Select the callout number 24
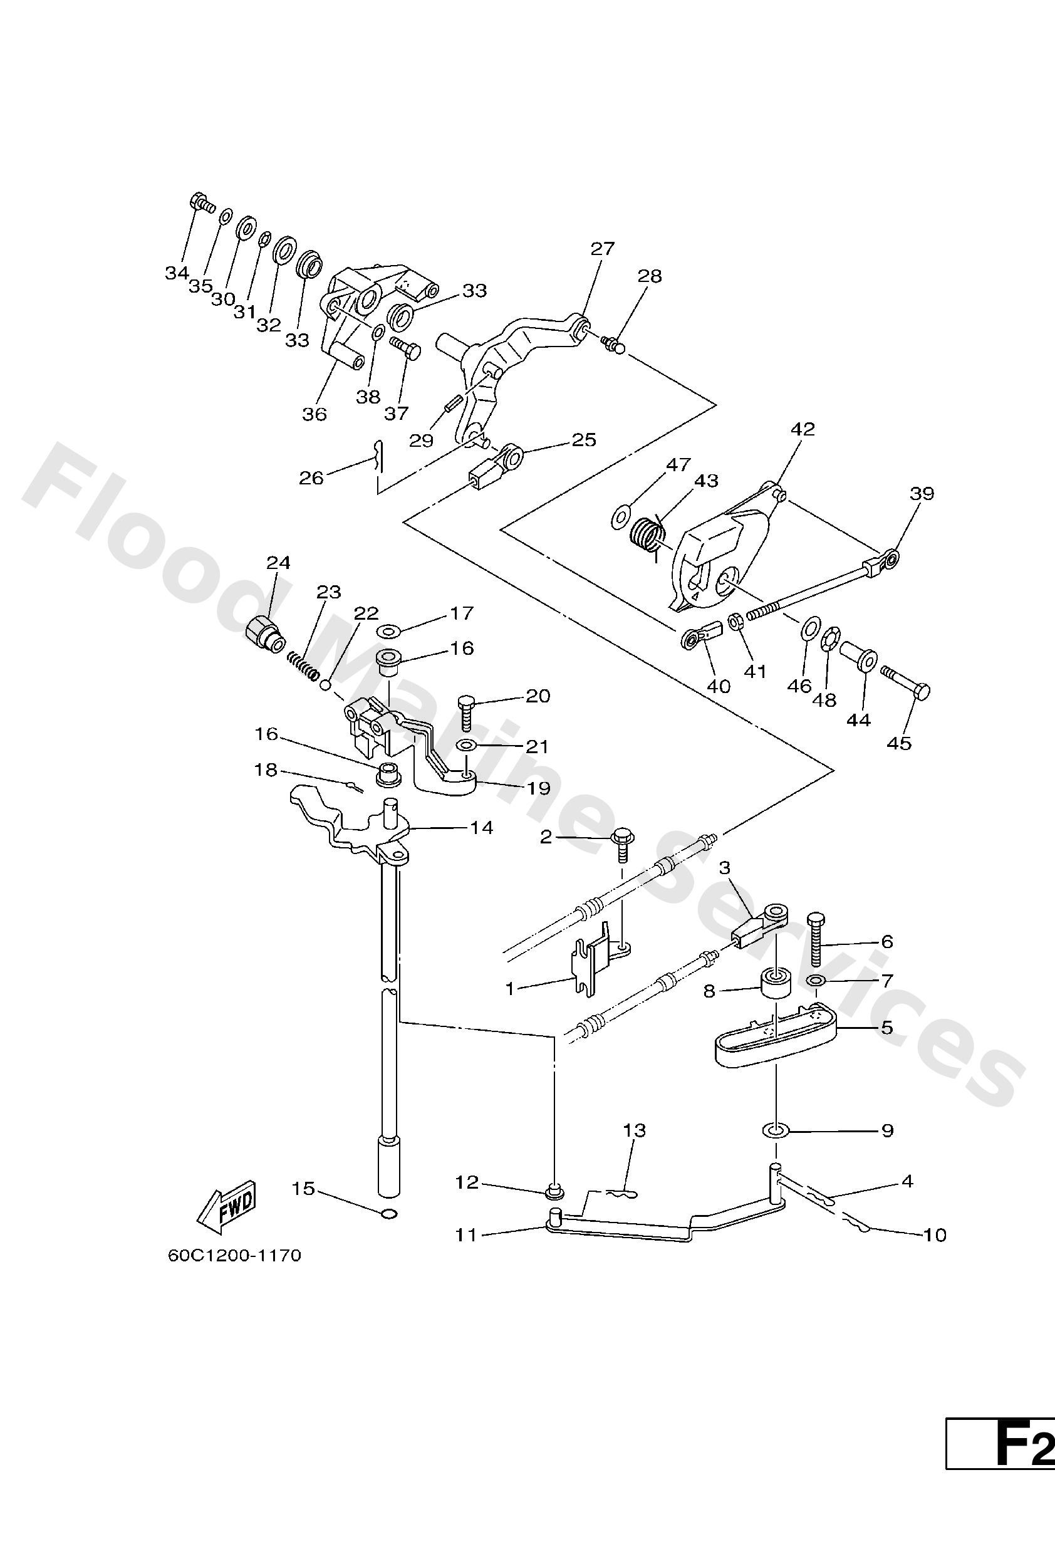(278, 563)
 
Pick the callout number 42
(803, 429)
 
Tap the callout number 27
(601, 249)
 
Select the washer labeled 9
(776, 1130)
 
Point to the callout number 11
(467, 1234)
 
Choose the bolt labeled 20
(467, 712)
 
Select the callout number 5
(887, 1026)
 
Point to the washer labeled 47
(621, 516)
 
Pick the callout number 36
(314, 415)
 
